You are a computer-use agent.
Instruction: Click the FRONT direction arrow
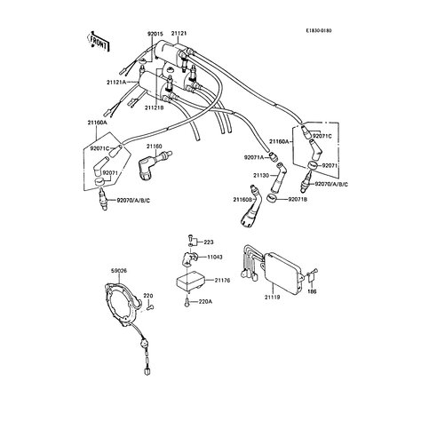99,42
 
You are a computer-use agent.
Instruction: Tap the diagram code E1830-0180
319,30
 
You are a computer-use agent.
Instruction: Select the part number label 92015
155,34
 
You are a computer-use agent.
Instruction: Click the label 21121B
155,108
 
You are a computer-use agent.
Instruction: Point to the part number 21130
261,175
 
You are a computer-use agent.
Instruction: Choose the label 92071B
298,200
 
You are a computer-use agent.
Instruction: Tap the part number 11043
215,257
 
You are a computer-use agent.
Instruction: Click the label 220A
205,302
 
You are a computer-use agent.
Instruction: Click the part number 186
312,291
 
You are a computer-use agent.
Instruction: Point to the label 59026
119,271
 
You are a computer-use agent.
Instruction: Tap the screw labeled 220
150,307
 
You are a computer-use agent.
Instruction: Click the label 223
209,242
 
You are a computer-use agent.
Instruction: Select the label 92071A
254,158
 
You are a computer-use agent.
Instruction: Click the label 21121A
116,83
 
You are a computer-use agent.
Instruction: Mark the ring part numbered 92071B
272,197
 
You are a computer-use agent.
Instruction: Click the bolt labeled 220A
187,302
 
